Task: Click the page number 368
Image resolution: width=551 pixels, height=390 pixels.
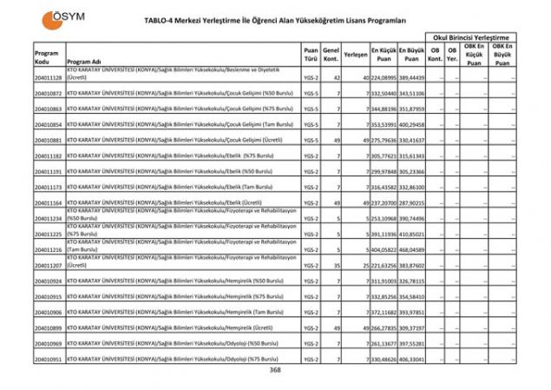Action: point(275,370)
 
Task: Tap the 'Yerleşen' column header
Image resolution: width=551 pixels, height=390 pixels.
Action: point(355,54)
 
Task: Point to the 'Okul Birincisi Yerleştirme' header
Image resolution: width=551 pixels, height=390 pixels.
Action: point(473,38)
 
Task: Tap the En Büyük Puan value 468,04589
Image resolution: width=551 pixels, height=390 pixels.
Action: point(412,249)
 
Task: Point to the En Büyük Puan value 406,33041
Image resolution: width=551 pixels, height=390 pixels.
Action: point(412,359)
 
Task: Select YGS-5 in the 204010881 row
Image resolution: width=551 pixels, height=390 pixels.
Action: point(311,140)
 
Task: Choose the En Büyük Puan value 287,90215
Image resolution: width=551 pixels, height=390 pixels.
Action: point(412,202)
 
